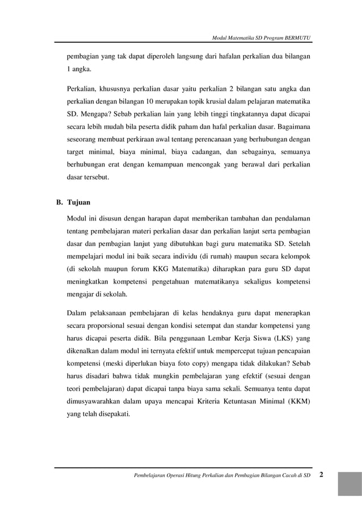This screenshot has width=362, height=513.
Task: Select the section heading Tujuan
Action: pos(79,202)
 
